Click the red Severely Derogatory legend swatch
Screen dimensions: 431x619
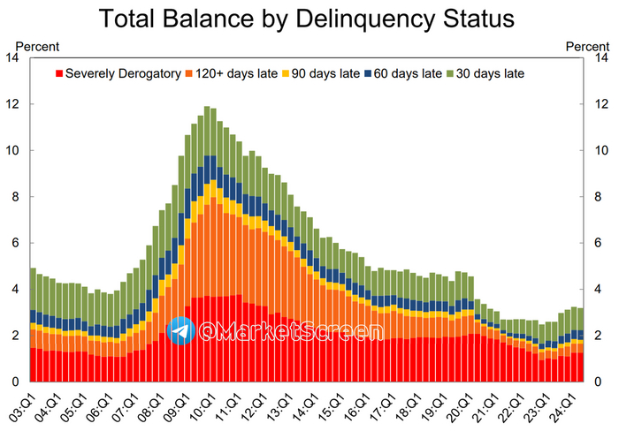(60, 73)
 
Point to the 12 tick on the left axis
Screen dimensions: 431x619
(12, 104)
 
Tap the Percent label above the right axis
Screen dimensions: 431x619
(586, 46)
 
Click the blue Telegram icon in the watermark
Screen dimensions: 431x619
(181, 331)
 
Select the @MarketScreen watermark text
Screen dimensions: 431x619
(290, 331)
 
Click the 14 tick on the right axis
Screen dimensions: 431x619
(598, 58)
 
